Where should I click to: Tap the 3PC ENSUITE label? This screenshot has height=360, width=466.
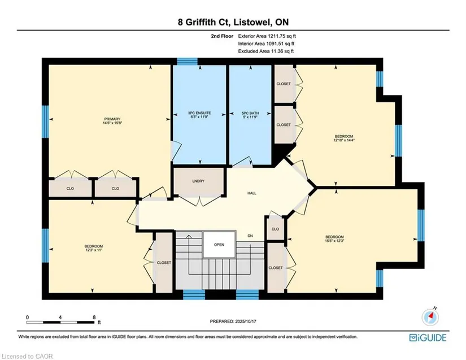coord(199,113)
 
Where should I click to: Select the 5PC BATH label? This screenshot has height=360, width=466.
coord(250,113)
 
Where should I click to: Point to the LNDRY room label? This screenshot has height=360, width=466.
coord(198,181)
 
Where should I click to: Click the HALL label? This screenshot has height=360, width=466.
coord(252,193)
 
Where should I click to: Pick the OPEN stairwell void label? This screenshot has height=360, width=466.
coord(219,245)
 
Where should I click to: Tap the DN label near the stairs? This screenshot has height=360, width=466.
coord(250,236)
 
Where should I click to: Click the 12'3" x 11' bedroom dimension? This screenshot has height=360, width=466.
coord(94,250)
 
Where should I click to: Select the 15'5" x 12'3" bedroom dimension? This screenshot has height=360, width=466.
coord(334,241)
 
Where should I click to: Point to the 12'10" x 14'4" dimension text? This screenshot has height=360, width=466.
coord(344,140)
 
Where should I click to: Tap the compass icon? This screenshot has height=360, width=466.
coord(430,317)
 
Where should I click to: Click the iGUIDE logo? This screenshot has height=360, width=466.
coord(428,338)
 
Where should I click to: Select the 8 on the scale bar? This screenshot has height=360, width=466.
coord(94,317)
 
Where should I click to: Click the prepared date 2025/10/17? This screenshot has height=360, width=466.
coord(246,322)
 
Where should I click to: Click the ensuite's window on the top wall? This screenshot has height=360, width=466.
coord(187,62)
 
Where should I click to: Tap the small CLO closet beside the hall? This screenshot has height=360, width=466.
coord(275,229)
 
